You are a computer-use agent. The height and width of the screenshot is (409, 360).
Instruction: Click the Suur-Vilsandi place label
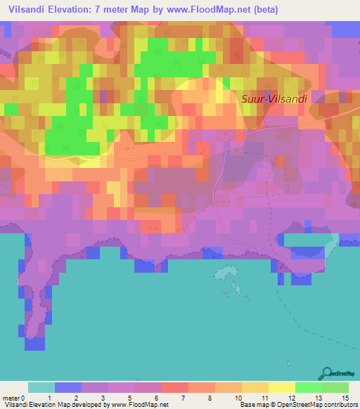274,99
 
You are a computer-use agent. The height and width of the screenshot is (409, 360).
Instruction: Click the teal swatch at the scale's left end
41,387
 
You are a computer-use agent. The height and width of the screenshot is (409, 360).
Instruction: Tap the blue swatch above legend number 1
67,387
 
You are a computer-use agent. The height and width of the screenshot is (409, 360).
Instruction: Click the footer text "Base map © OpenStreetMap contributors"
299,405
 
